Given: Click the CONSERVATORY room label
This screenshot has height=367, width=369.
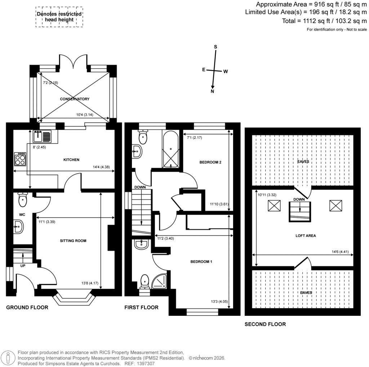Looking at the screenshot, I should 75,99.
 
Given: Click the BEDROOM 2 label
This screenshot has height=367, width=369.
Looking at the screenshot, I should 210,162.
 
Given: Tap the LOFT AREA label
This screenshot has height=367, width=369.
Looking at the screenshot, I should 306,235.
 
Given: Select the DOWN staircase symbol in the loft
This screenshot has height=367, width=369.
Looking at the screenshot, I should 299,212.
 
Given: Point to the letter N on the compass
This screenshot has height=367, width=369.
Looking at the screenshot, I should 213,92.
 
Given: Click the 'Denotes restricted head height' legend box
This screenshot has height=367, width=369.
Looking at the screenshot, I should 59,17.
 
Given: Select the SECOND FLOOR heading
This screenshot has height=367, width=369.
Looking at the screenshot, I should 265,324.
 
